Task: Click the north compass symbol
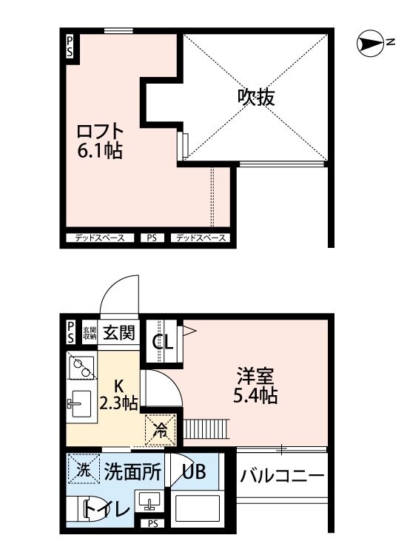[x=367, y=44]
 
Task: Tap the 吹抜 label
[x=256, y=97]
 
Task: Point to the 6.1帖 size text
[x=99, y=152]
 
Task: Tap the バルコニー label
[x=282, y=475]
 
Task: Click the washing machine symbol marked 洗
[x=84, y=469]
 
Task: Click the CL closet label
[x=163, y=343]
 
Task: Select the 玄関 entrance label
[x=118, y=332]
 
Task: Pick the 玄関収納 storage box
[x=90, y=332]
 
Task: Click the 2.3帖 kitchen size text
[x=118, y=403]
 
